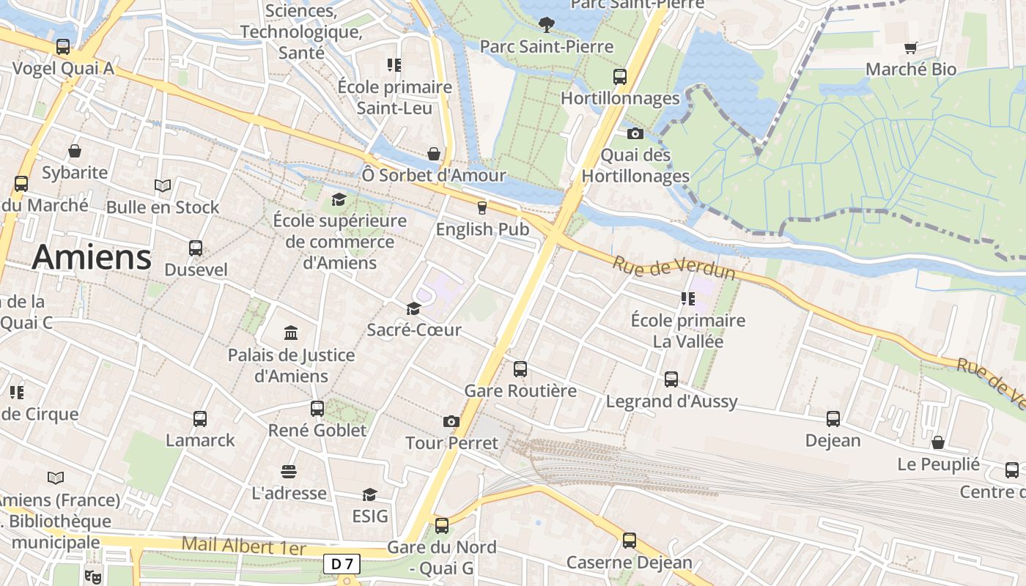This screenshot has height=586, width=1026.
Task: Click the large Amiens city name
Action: pyautogui.click(x=92, y=257)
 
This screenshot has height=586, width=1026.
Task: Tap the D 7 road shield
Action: pyautogui.click(x=342, y=564)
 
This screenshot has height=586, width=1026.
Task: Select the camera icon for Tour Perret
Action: pyautogui.click(x=451, y=421)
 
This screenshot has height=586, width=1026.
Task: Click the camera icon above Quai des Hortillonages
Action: pyautogui.click(x=635, y=133)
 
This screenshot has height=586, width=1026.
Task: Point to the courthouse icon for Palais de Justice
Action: pyautogui.click(x=291, y=333)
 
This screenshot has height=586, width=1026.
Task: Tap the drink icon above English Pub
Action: pyautogui.click(x=481, y=207)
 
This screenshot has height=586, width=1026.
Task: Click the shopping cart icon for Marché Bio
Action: pyautogui.click(x=910, y=48)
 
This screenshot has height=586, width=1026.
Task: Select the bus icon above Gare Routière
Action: pyautogui.click(x=520, y=368)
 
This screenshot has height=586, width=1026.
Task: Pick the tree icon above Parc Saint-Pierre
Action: pyautogui.click(x=546, y=25)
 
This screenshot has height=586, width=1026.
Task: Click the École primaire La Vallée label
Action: pyautogui.click(x=687, y=330)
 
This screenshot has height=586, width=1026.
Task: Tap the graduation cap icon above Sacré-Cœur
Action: pyautogui.click(x=413, y=308)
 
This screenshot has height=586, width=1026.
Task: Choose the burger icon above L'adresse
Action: pyautogui.click(x=289, y=470)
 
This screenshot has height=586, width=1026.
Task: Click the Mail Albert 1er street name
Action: pyautogui.click(x=244, y=546)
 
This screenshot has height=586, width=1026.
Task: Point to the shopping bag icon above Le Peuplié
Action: pyautogui.click(x=937, y=442)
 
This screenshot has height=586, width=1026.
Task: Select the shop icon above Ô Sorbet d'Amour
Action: pyautogui.click(x=434, y=154)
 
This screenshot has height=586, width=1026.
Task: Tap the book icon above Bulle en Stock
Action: pyautogui.click(x=163, y=185)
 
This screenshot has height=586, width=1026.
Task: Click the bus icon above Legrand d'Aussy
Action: pyautogui.click(x=671, y=379)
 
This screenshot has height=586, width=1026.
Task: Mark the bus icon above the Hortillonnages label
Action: pyautogui.click(x=620, y=76)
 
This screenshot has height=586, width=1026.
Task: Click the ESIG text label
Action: pyautogui.click(x=370, y=516)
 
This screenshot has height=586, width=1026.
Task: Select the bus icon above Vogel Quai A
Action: pyautogui.click(x=63, y=47)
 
